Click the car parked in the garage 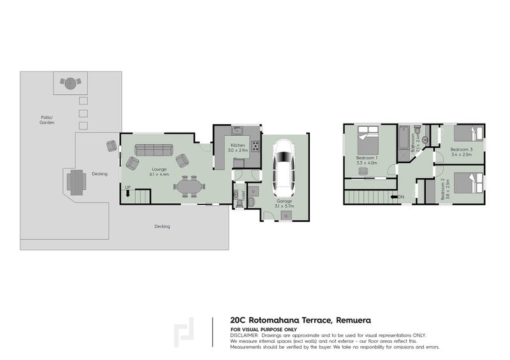282,169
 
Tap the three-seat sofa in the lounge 152,150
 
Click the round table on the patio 69,82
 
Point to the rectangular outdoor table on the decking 75,182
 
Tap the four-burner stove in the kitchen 255,146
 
